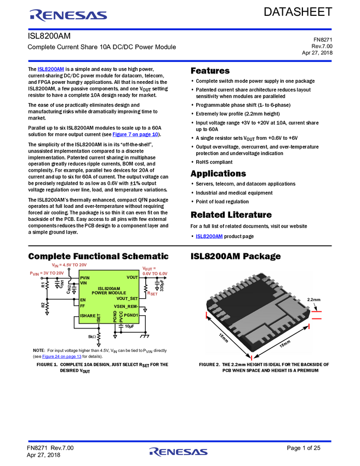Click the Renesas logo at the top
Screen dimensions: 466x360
(68, 15)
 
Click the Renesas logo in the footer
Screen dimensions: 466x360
(179, 452)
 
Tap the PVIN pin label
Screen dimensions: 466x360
(85, 278)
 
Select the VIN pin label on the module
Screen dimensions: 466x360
(83, 283)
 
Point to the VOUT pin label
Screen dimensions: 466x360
(132, 277)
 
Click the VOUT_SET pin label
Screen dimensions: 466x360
(127, 298)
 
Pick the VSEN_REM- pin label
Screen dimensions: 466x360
(126, 306)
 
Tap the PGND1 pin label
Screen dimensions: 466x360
(131, 315)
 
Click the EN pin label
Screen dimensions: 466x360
(83, 300)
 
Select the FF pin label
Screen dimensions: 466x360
(82, 306)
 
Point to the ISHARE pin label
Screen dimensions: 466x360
(88, 316)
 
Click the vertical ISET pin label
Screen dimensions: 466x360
(99, 317)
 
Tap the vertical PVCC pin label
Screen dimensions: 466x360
(121, 316)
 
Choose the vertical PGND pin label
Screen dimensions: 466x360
(115, 316)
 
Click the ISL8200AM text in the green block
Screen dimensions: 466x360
(109, 288)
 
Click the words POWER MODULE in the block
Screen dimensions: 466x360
(109, 293)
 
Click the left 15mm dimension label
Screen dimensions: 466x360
(223, 338)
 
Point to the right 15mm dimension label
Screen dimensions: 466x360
(284, 344)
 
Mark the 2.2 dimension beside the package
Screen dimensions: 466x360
(310, 299)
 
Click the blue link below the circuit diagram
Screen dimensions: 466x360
(62, 356)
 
